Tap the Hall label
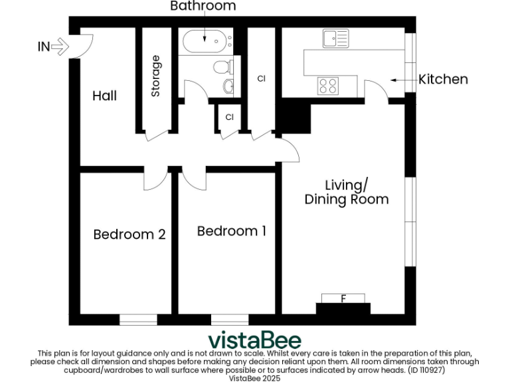104,96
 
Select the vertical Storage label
156,76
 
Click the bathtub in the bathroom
205,41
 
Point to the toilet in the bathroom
222,66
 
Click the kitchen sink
335,39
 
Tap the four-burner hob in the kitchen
328,85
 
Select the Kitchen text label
443,80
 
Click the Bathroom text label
203,7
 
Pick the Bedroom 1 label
232,231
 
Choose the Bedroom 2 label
129,234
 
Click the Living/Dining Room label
346,192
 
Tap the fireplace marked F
343,299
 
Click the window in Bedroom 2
138,320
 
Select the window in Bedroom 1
230,320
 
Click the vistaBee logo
254,340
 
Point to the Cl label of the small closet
229,117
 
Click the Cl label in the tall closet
261,79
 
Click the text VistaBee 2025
254,377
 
